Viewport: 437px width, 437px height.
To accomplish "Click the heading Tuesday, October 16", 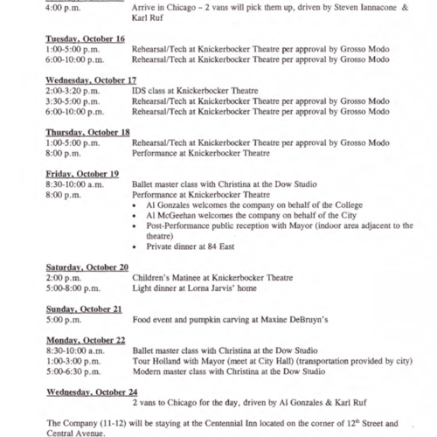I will click(x=85, y=39).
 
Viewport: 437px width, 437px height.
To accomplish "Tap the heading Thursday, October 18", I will click(x=87, y=132).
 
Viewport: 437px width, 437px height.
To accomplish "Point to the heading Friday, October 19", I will click(x=81, y=173).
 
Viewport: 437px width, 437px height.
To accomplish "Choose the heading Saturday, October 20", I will click(x=87, y=267).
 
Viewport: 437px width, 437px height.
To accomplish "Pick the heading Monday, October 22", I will click(x=86, y=339).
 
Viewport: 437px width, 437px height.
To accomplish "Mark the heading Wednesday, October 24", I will click(x=92, y=392).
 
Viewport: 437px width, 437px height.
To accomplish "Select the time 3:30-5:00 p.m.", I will click(x=73, y=101).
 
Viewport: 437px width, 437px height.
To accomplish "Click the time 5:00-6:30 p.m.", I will click(x=73, y=371).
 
